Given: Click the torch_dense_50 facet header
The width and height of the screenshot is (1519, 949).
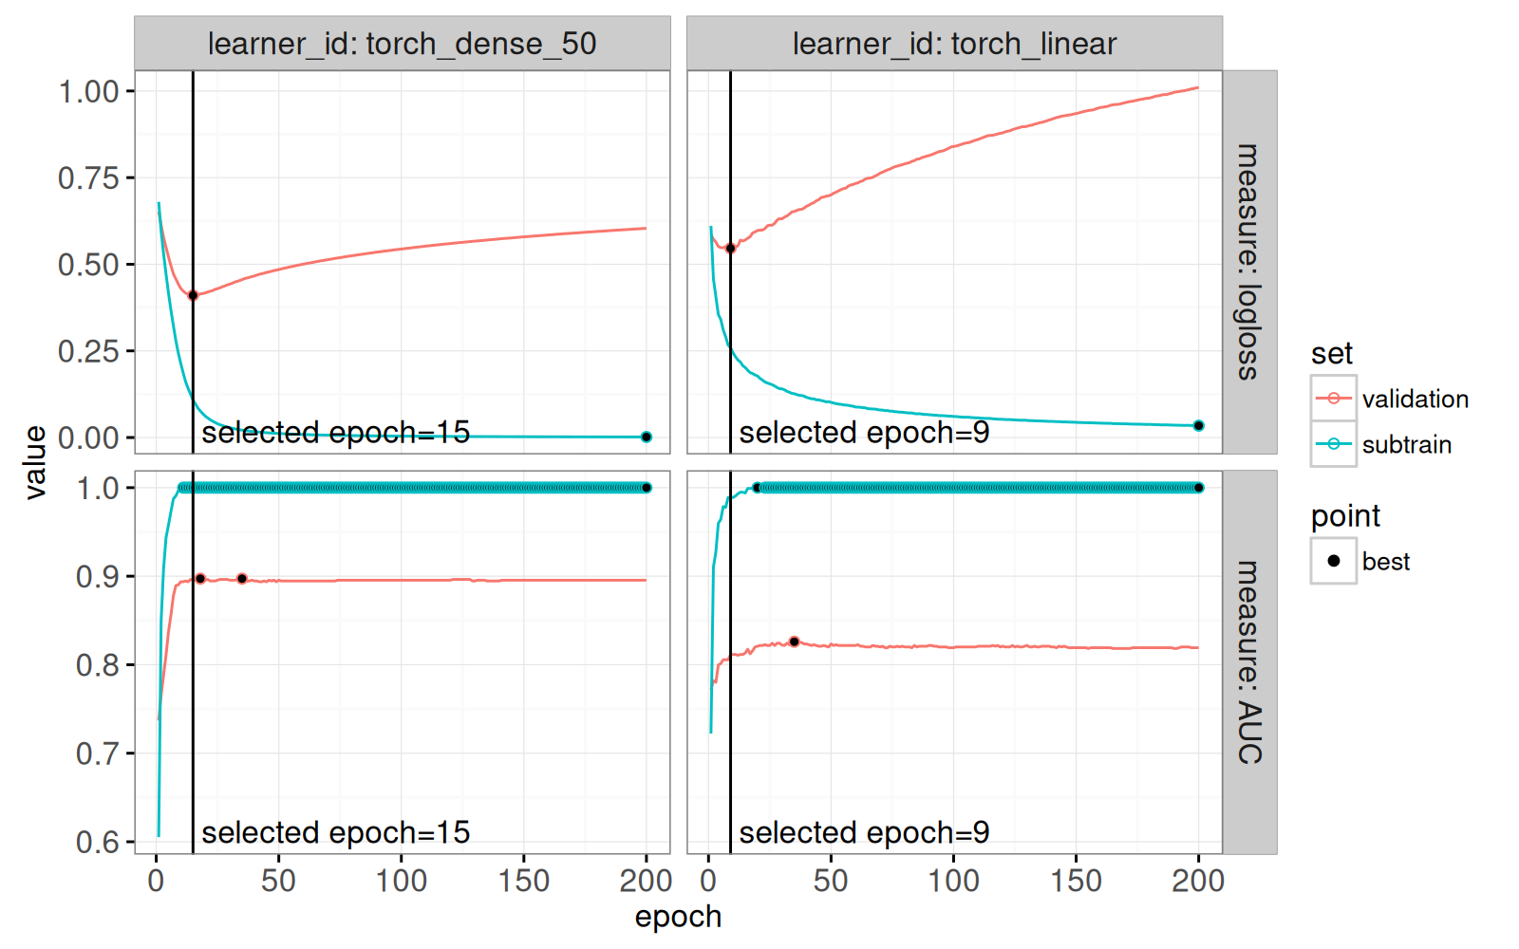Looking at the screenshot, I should pos(402,44).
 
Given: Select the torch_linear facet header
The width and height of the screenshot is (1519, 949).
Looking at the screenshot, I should pos(954,44).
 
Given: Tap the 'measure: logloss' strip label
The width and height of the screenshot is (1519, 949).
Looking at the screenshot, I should pos(1248,262).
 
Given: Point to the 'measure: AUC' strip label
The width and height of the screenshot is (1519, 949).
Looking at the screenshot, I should pos(1248,662).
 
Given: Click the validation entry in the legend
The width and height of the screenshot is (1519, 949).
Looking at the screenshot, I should pos(1415,400).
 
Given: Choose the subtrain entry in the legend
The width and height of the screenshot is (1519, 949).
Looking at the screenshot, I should pos(1406,445).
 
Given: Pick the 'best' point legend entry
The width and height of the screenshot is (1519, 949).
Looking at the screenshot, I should pos(1385,562).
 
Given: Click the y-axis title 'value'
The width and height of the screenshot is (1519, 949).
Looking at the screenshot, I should pos(35,462).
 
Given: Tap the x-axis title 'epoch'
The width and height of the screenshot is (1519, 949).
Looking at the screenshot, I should pos(678,917).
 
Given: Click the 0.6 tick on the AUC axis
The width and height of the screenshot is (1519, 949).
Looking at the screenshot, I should pos(98,843).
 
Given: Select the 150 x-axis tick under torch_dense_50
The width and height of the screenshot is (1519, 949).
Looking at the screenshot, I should pos(524,881).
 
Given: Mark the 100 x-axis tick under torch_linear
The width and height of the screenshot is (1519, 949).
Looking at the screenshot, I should pos(953,881).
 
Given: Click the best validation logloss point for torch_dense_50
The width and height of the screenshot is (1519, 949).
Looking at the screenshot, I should pos(193,295).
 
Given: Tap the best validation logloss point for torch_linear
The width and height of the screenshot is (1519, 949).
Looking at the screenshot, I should pos(730,249).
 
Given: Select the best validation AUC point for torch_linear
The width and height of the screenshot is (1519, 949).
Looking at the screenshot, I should pos(795,642).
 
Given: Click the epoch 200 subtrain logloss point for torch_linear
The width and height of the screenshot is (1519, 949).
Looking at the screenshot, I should pos(1198,426).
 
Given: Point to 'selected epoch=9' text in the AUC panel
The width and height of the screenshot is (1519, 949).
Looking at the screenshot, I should pos(864,833).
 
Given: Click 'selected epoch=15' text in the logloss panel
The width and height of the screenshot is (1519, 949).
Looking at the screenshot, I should pos(336,433).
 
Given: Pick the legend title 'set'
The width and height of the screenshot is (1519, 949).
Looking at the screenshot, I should pos(1331,354).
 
